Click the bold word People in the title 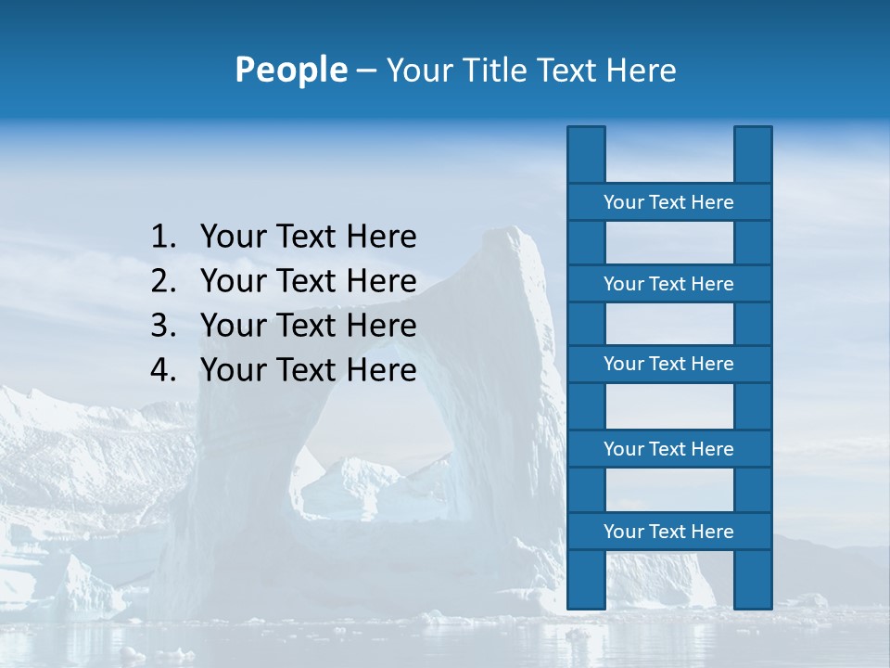[290, 71]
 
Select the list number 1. [162, 238]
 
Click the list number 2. [162, 281]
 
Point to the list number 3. [162, 326]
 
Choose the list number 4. [162, 370]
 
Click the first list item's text [308, 238]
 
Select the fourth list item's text [308, 370]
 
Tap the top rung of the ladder [668, 202]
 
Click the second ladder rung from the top [668, 284]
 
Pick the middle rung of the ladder [668, 364]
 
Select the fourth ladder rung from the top [668, 449]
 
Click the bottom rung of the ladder [668, 532]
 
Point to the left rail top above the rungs [586, 154]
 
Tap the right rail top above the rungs [753, 154]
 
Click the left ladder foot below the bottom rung [586, 579]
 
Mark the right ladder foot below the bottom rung [753, 579]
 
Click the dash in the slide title [365, 71]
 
